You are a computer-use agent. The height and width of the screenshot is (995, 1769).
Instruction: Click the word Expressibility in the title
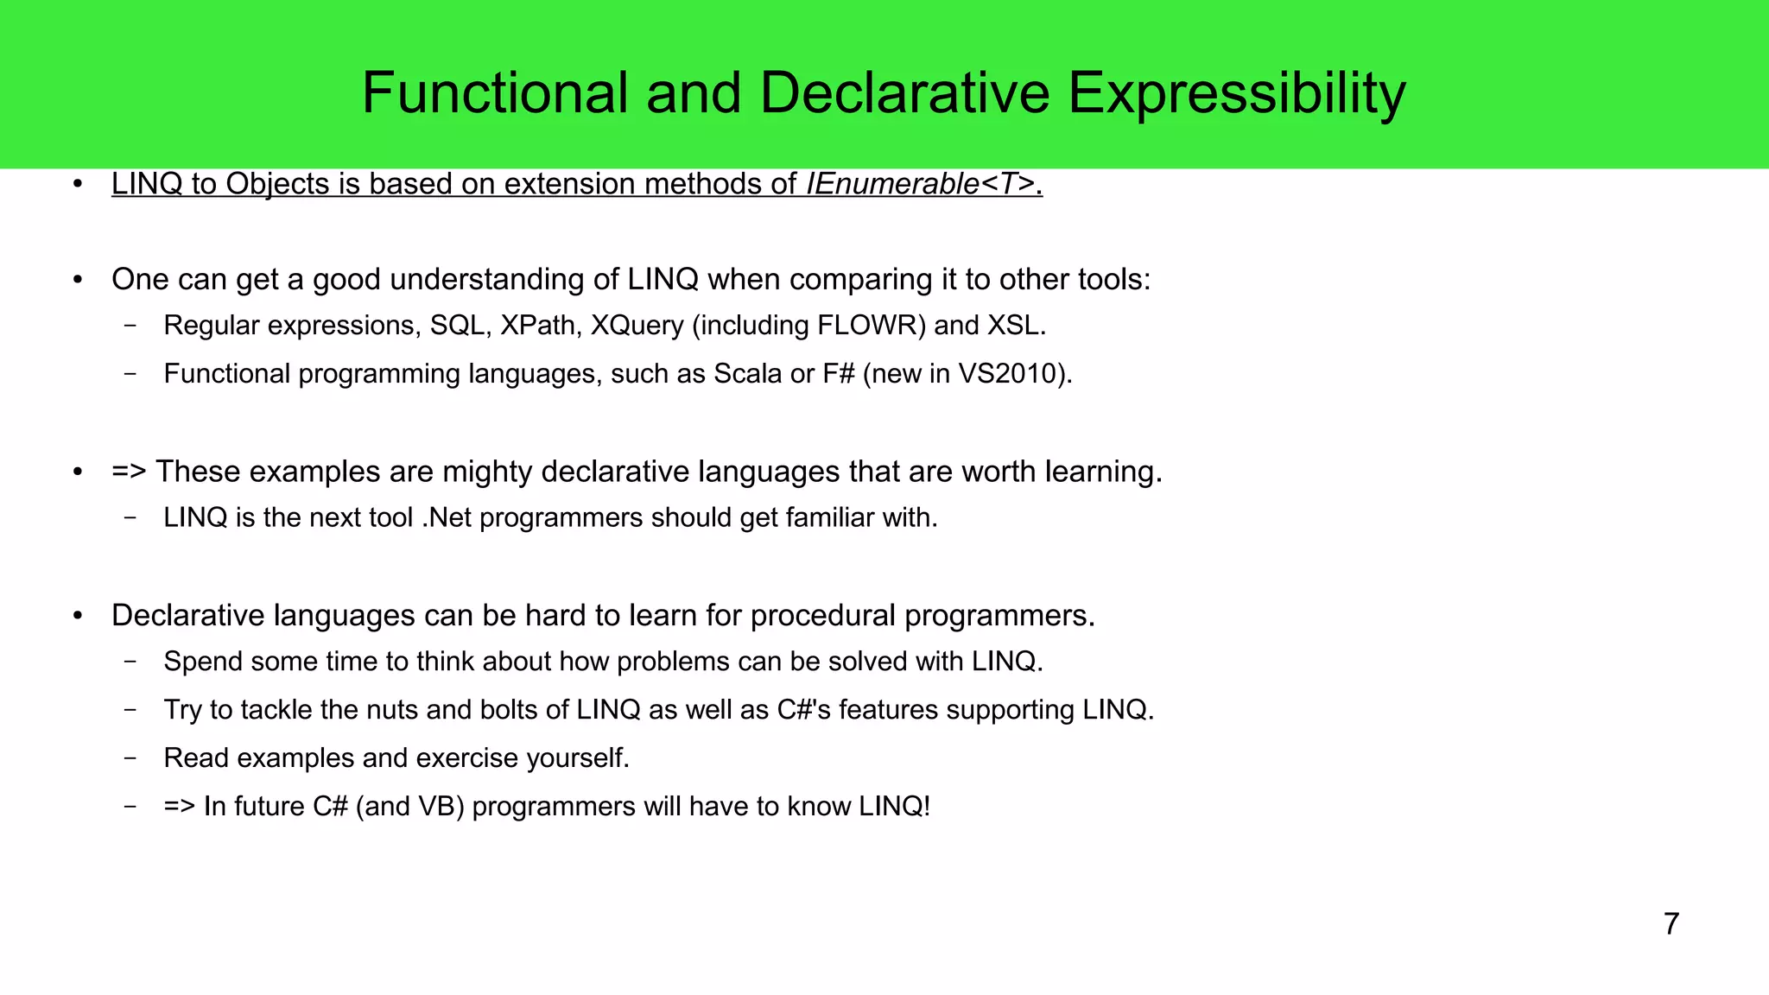pyautogui.click(x=1237, y=93)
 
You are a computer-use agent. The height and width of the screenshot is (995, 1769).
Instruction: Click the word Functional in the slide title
pyautogui.click(x=494, y=93)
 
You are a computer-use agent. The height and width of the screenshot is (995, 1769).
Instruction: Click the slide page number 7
pyautogui.click(x=1671, y=924)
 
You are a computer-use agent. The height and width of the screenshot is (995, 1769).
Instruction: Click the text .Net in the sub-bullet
pyautogui.click(x=447, y=517)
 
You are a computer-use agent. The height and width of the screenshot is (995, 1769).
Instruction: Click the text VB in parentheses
pyautogui.click(x=437, y=807)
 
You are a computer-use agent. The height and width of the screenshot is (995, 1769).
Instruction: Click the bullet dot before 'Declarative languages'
pyautogui.click(x=78, y=616)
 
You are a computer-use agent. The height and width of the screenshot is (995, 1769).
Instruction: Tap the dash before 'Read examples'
pyautogui.click(x=130, y=758)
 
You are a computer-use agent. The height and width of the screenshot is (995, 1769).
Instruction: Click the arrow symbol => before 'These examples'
pyautogui.click(x=129, y=472)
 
